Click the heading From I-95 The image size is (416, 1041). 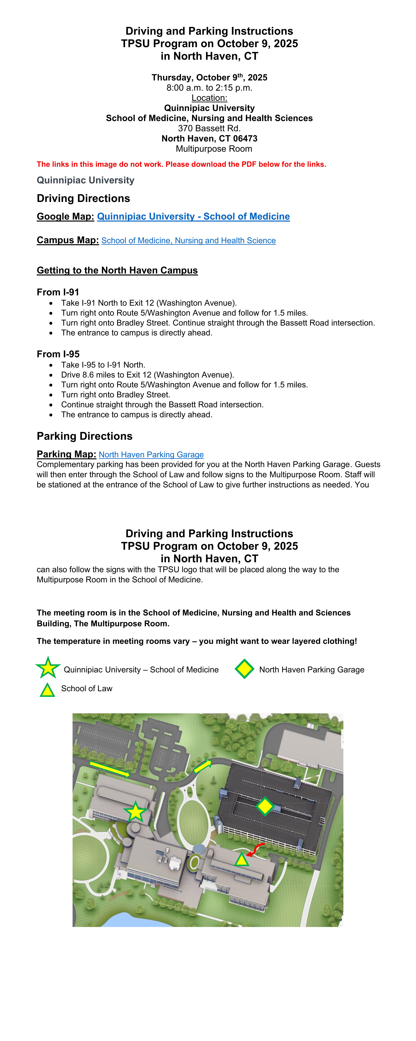[x=58, y=354]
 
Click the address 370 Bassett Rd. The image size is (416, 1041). [x=209, y=129]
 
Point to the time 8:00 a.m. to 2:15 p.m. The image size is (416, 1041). [x=209, y=88]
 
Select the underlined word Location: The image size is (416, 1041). [x=209, y=98]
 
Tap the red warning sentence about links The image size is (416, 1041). [x=181, y=164]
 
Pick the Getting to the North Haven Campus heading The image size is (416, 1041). [x=117, y=270]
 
